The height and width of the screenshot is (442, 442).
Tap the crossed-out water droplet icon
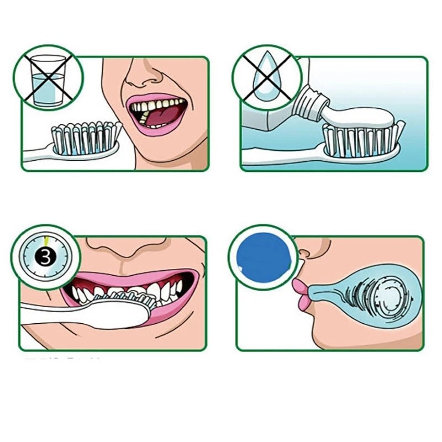[264, 78]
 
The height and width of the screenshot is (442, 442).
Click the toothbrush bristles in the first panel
[85, 137]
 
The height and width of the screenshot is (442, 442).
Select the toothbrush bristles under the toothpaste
[362, 140]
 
